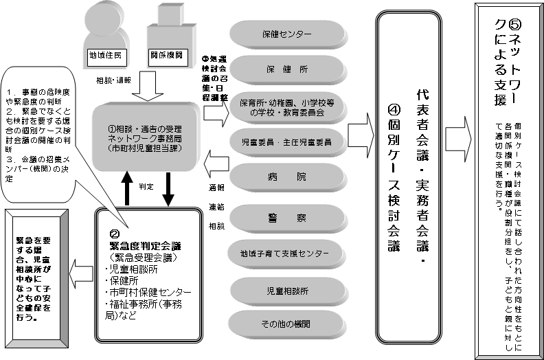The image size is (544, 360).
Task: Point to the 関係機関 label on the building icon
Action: (x=163, y=54)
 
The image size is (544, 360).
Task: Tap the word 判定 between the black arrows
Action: (x=146, y=185)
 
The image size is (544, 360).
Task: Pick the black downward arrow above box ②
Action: (x=167, y=188)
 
